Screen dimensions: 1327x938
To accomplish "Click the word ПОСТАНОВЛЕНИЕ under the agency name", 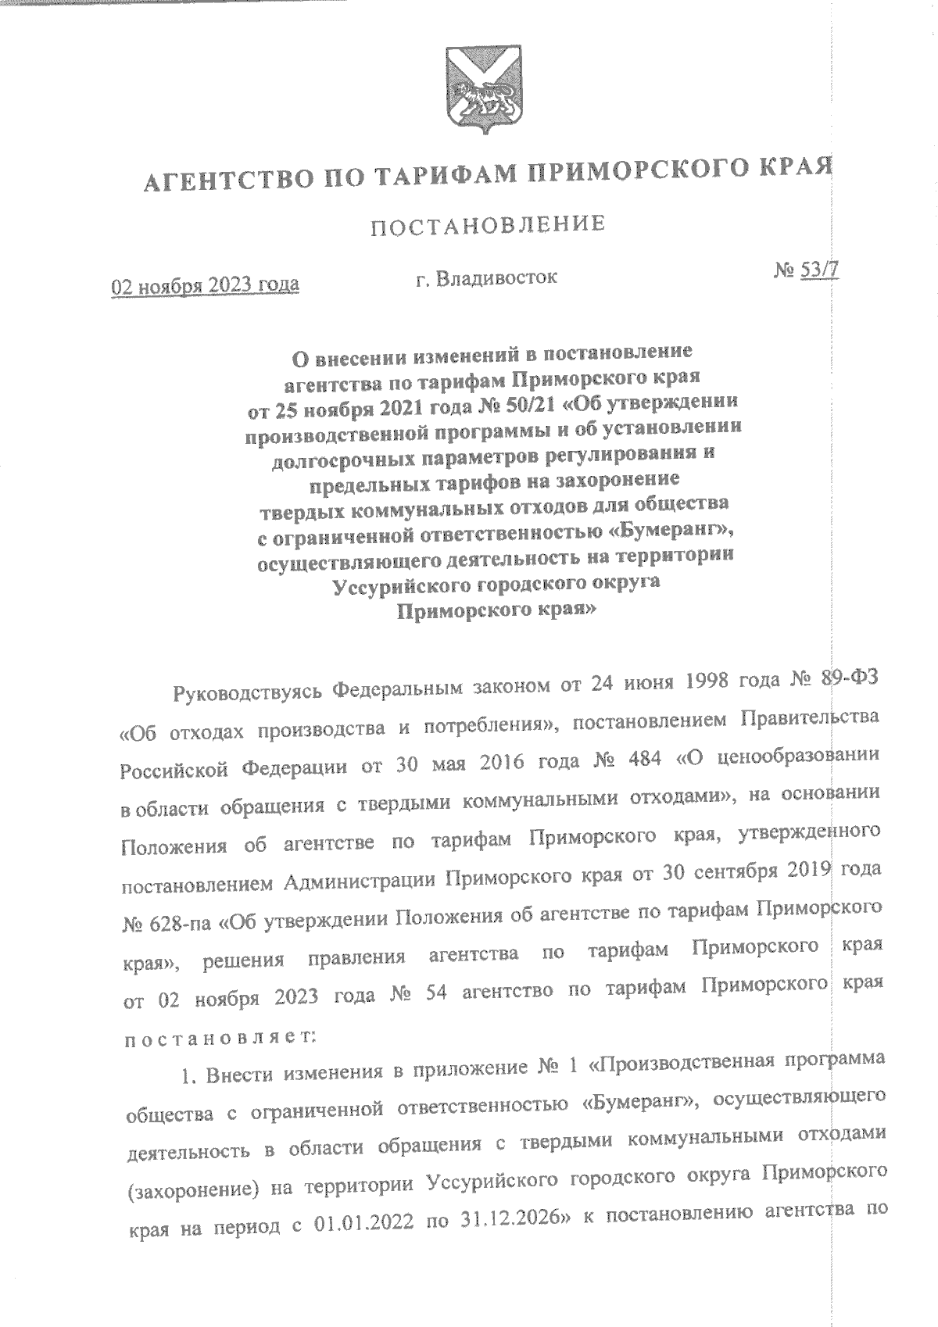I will tap(489, 225).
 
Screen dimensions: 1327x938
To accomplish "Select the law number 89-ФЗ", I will tap(850, 678).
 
